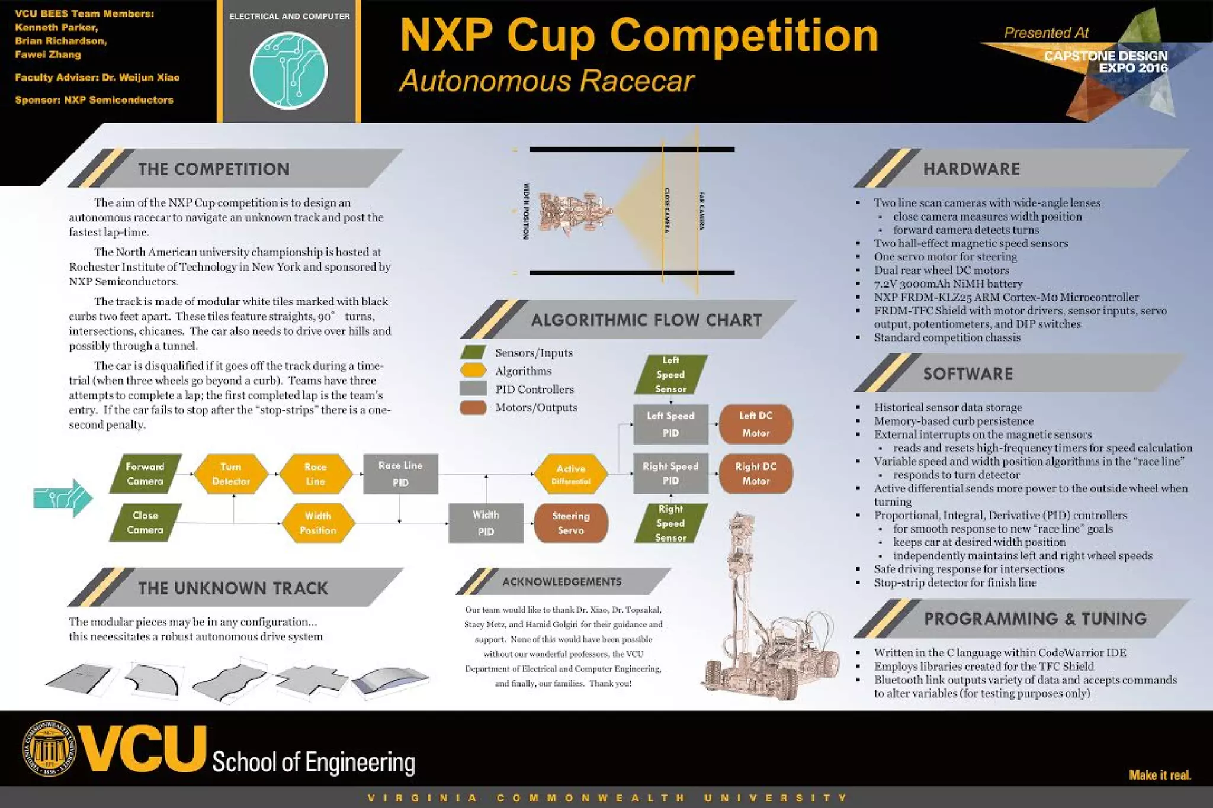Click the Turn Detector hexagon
[230, 474]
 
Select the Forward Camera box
[145, 474]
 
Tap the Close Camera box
[145, 523]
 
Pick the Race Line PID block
[400, 474]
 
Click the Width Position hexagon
[318, 523]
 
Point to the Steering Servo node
[570, 523]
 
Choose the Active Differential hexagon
[570, 474]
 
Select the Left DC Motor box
[756, 424]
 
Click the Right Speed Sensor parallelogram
[670, 523]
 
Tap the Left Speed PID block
[670, 424]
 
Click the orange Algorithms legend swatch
[473, 371]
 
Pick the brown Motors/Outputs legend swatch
[473, 407]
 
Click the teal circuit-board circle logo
[288, 71]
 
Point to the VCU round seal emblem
[49, 748]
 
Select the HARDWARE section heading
[971, 169]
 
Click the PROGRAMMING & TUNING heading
[1035, 619]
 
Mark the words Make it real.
[1160, 775]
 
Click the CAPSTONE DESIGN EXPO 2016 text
[1106, 62]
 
